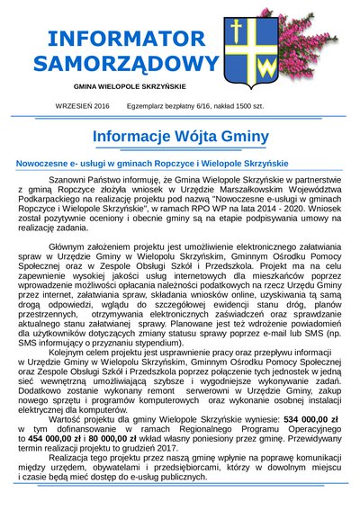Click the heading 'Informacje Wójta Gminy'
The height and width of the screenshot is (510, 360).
tap(180, 137)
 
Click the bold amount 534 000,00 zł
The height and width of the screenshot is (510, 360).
tap(272, 418)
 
